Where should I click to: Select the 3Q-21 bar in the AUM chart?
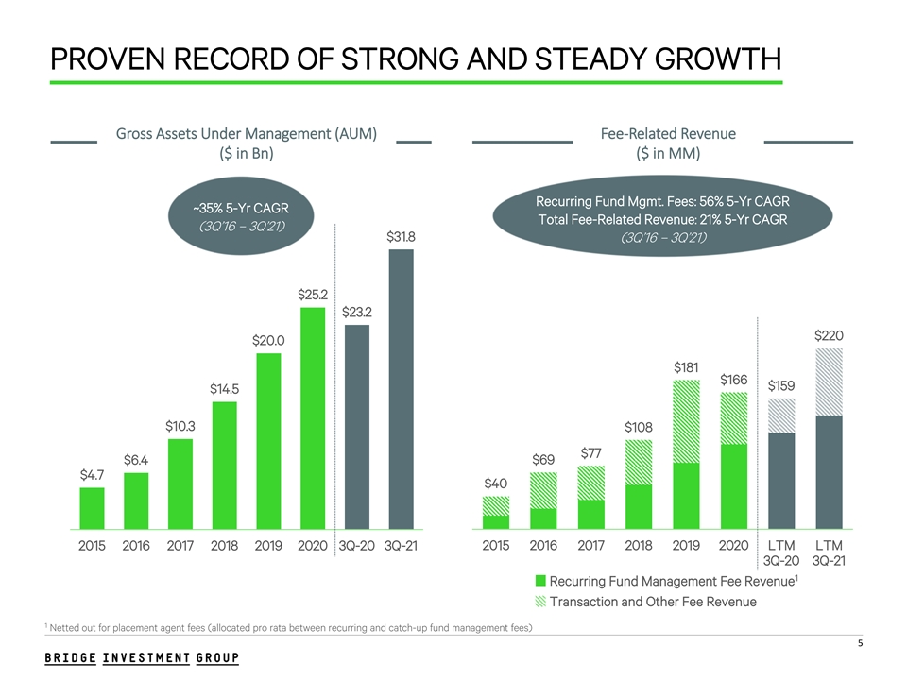[x=401, y=387]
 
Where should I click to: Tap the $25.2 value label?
[x=313, y=295]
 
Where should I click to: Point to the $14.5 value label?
[x=224, y=388]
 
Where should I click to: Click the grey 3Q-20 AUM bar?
[x=357, y=425]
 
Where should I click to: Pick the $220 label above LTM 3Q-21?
[x=829, y=335]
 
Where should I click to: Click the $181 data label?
[x=687, y=366]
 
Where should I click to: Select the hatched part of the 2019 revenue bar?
[x=687, y=421]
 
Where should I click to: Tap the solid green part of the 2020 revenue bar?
[x=733, y=485]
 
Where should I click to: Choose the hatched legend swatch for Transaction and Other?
[x=540, y=602]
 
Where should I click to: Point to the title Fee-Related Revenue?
[x=668, y=134]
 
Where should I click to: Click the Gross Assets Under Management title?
[x=247, y=134]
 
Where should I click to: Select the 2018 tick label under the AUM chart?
[x=224, y=545]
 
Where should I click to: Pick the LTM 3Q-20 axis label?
[x=781, y=553]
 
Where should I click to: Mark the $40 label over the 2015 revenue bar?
[x=496, y=484]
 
